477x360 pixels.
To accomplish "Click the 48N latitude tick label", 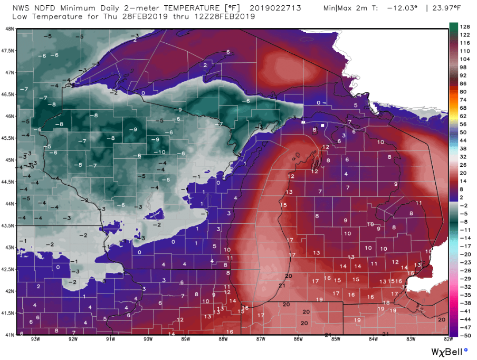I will (x=8, y=29).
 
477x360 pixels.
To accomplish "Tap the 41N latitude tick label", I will (x=8, y=335).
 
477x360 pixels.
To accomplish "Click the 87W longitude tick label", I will (x=260, y=339).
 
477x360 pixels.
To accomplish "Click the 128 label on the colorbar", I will (x=466, y=26).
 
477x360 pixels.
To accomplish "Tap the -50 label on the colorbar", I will (x=466, y=335).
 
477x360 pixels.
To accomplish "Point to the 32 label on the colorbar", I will (x=465, y=156).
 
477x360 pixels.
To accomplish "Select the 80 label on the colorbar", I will (x=465, y=91).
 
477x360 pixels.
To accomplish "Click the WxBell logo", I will (x=446, y=350).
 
